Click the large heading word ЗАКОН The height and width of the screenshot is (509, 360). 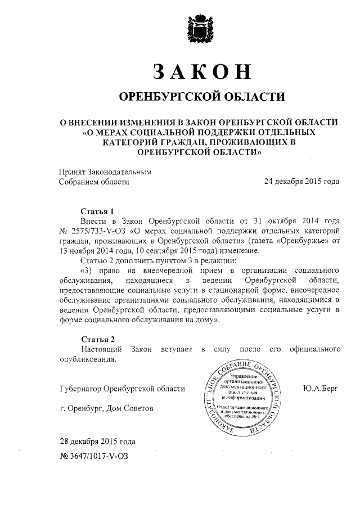point(201,72)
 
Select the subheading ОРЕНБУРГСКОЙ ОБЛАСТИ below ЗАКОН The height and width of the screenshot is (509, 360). point(200,97)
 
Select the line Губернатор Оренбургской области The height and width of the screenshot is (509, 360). point(121,389)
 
